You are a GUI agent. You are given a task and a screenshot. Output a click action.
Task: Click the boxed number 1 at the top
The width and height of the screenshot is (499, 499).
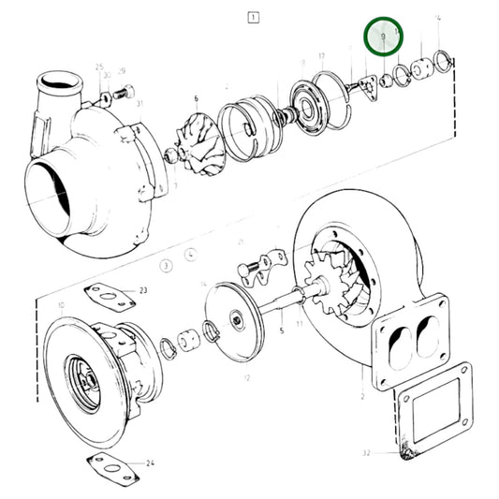point(252,17)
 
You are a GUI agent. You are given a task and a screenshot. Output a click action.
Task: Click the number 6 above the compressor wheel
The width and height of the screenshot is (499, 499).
point(197,98)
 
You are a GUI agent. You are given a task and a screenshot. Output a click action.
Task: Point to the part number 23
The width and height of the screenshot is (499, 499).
point(143,291)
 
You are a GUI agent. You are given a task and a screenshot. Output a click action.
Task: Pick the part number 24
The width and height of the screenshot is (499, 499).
point(151,463)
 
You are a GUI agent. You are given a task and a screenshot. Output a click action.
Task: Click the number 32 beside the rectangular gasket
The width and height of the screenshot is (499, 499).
point(367,453)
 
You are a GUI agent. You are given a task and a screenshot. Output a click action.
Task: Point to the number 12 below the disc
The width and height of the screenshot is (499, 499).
point(246,378)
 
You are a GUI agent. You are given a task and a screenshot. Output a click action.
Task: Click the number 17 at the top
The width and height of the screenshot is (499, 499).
point(321,57)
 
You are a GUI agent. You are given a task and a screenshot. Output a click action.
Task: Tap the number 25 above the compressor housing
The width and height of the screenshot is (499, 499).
point(99,66)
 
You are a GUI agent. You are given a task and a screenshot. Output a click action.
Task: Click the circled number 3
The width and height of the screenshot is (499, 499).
point(165,265)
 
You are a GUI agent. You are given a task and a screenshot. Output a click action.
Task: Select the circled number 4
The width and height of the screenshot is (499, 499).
point(191,254)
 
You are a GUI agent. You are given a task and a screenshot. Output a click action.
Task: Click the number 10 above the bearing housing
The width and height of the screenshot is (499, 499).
point(61,306)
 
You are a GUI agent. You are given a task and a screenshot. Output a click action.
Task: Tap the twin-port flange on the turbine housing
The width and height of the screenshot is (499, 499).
point(412,336)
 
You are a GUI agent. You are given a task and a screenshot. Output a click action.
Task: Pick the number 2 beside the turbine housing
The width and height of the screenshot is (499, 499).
point(361,397)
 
